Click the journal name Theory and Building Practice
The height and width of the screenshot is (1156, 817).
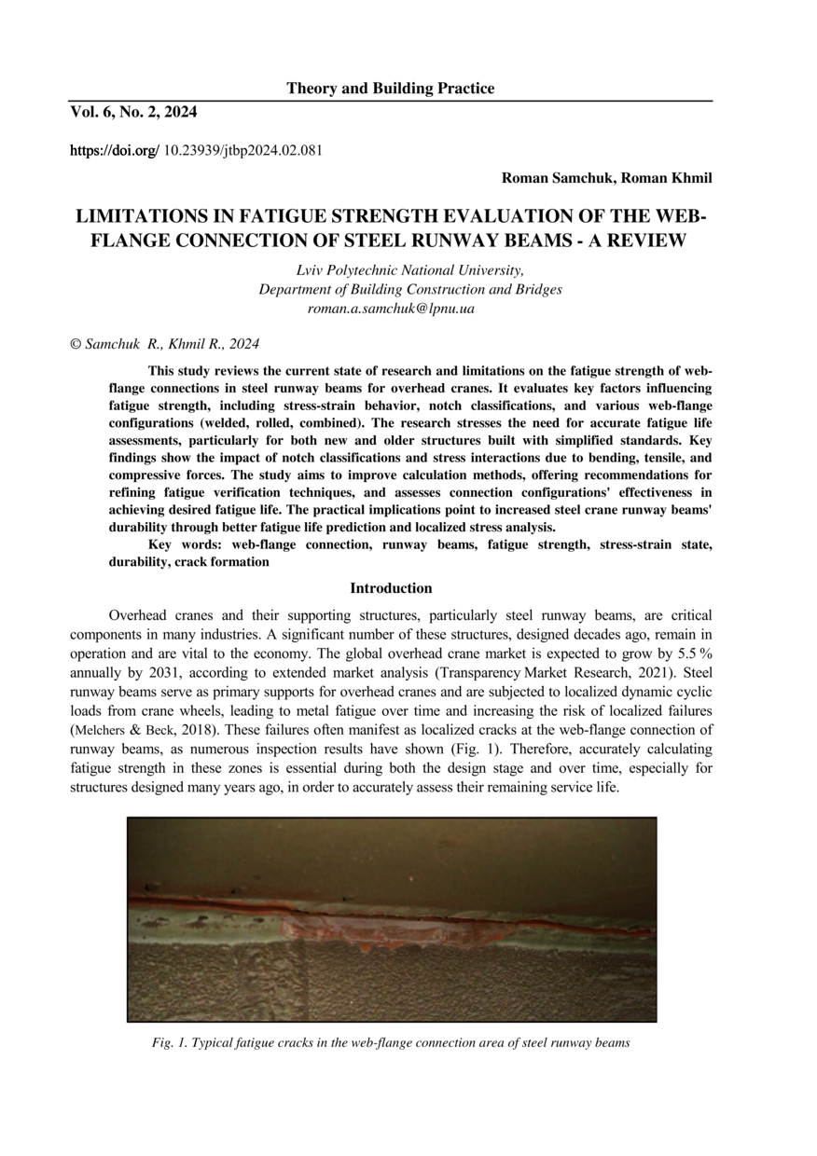click(x=390, y=89)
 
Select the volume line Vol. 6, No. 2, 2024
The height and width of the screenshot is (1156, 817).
click(x=133, y=113)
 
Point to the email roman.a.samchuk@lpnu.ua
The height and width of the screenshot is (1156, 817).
click(x=391, y=308)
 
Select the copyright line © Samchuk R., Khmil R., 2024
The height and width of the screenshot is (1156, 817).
click(x=165, y=344)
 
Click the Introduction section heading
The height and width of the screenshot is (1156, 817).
click(x=391, y=588)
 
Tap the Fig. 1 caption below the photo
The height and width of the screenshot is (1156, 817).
click(x=391, y=1043)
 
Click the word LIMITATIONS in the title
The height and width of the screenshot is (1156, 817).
click(x=148, y=217)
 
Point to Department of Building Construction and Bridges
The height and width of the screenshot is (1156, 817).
click(x=410, y=289)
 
